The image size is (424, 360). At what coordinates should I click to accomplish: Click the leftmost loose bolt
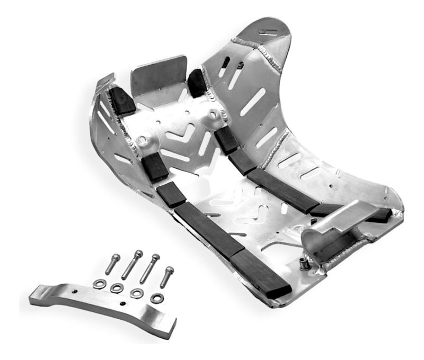pyautogui.click(x=112, y=264)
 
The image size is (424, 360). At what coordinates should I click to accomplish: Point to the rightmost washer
pyautogui.click(x=157, y=298)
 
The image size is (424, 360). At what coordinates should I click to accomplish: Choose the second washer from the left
pyautogui.click(x=117, y=289)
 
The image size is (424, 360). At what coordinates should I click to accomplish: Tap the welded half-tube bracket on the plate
pyautogui.click(x=334, y=233)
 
